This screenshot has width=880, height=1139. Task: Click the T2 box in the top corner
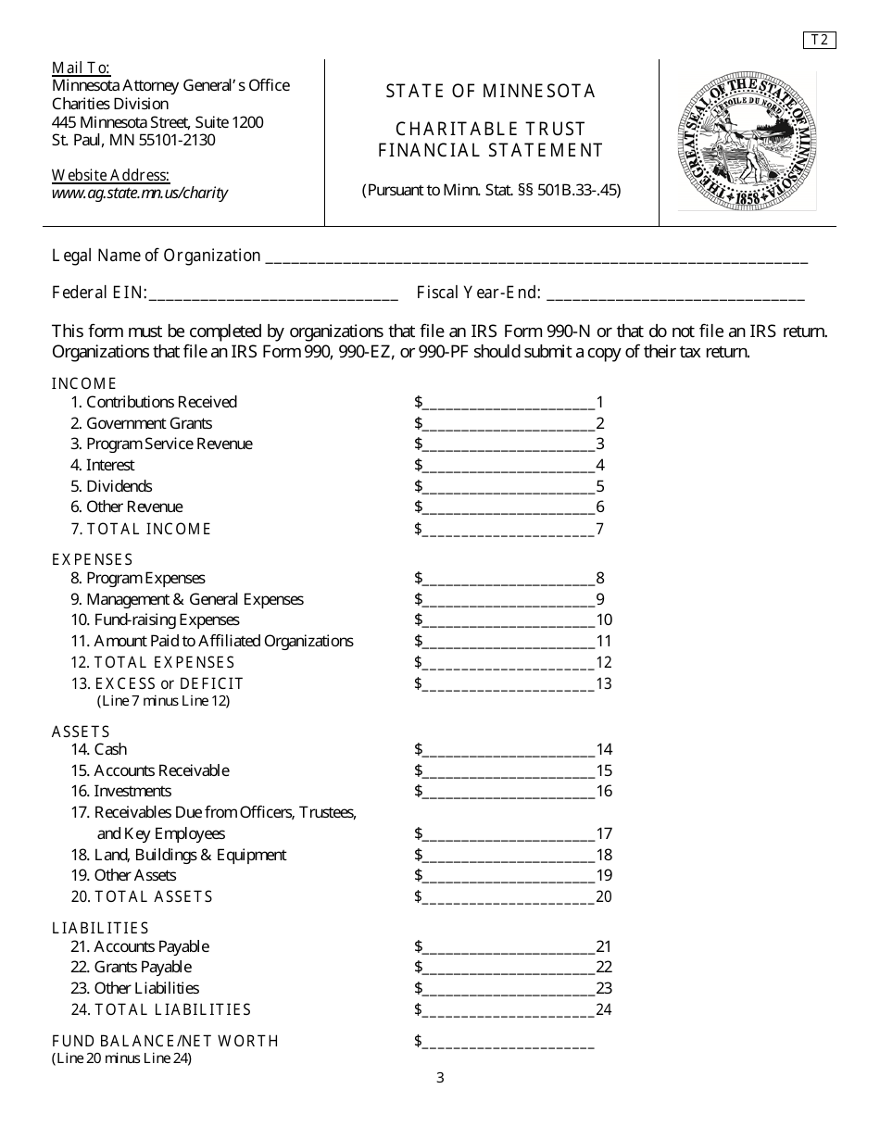[819, 40]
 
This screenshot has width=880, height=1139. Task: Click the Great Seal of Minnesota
[747, 141]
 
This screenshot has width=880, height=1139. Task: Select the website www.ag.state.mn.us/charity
[140, 194]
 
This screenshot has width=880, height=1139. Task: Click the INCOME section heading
[84, 382]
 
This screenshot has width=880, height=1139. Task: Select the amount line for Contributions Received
[508, 403]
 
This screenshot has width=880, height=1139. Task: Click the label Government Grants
[148, 423]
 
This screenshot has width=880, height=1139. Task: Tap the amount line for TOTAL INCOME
[508, 530]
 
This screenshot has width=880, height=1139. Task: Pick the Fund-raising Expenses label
[166, 620]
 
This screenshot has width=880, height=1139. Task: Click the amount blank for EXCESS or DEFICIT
[508, 684]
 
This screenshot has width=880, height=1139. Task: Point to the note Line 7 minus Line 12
[163, 701]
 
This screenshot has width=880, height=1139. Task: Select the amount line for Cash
[508, 750]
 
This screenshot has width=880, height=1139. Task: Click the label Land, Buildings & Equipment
[190, 855]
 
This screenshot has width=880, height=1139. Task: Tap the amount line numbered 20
[508, 897]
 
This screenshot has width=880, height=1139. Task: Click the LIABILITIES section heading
[100, 928]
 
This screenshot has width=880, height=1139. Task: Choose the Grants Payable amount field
[508, 969]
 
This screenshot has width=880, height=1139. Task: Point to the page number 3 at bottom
[440, 1077]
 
